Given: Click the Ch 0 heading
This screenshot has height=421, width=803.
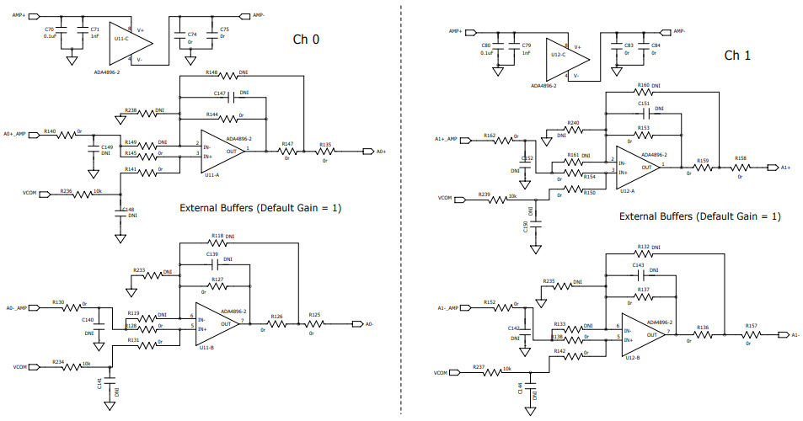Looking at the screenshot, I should click(x=305, y=39).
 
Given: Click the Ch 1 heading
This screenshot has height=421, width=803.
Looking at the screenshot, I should click(x=737, y=55).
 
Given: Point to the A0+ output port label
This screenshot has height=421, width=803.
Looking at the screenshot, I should click(x=381, y=152).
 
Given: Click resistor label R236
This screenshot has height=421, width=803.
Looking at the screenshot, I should click(x=66, y=191).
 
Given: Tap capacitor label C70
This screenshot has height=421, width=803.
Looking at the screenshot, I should click(x=49, y=29).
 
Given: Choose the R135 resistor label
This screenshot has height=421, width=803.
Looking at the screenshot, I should click(x=324, y=144).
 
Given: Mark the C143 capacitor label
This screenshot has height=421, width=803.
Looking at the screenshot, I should click(x=638, y=264).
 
